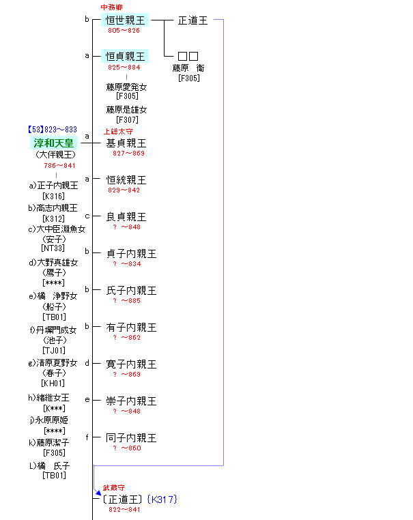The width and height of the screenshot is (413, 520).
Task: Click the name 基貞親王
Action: (x=126, y=143)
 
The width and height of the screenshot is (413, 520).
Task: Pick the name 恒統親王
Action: (x=126, y=180)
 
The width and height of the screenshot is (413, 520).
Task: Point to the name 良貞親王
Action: (x=126, y=217)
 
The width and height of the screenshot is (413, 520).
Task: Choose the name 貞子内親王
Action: (x=131, y=254)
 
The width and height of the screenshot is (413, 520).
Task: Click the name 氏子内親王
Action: (x=131, y=291)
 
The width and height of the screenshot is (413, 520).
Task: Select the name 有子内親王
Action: (x=131, y=328)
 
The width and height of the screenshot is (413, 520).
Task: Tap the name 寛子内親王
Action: (x=131, y=364)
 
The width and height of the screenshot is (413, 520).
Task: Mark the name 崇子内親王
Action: (x=131, y=401)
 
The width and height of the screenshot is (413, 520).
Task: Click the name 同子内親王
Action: (x=131, y=438)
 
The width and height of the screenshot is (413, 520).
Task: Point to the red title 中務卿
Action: (x=112, y=7)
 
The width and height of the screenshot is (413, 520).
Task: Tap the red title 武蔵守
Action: (x=114, y=489)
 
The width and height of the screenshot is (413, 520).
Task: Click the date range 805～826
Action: (x=124, y=31)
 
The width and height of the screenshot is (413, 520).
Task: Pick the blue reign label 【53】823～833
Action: (x=53, y=130)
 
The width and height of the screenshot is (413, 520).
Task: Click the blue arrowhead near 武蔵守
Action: (x=98, y=491)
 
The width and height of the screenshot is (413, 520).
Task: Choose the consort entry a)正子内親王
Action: (x=53, y=185)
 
